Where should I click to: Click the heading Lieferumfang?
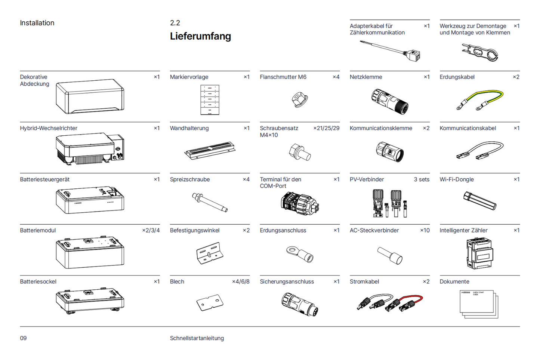click(200, 36)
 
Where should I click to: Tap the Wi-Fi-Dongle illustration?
click(480, 201)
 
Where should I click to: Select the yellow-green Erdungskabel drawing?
click(480, 99)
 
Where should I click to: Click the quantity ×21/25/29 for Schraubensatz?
click(326, 128)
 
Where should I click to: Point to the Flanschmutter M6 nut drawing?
click(300, 99)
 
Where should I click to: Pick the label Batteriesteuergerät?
click(45, 179)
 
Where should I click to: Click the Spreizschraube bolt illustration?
click(210, 202)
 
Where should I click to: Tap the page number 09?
click(23, 338)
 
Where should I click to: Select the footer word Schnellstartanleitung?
click(197, 338)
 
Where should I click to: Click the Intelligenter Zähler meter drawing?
click(480, 253)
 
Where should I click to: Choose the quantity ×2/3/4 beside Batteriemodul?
click(151, 230)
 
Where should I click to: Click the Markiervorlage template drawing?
click(210, 99)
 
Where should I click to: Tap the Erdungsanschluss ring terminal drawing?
click(300, 254)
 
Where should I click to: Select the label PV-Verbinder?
click(367, 179)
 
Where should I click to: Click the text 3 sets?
click(422, 179)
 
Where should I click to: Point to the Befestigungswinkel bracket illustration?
click(210, 253)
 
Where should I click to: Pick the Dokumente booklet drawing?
click(479, 304)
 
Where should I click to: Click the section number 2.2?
click(175, 23)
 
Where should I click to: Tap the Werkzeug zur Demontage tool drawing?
click(480, 52)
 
